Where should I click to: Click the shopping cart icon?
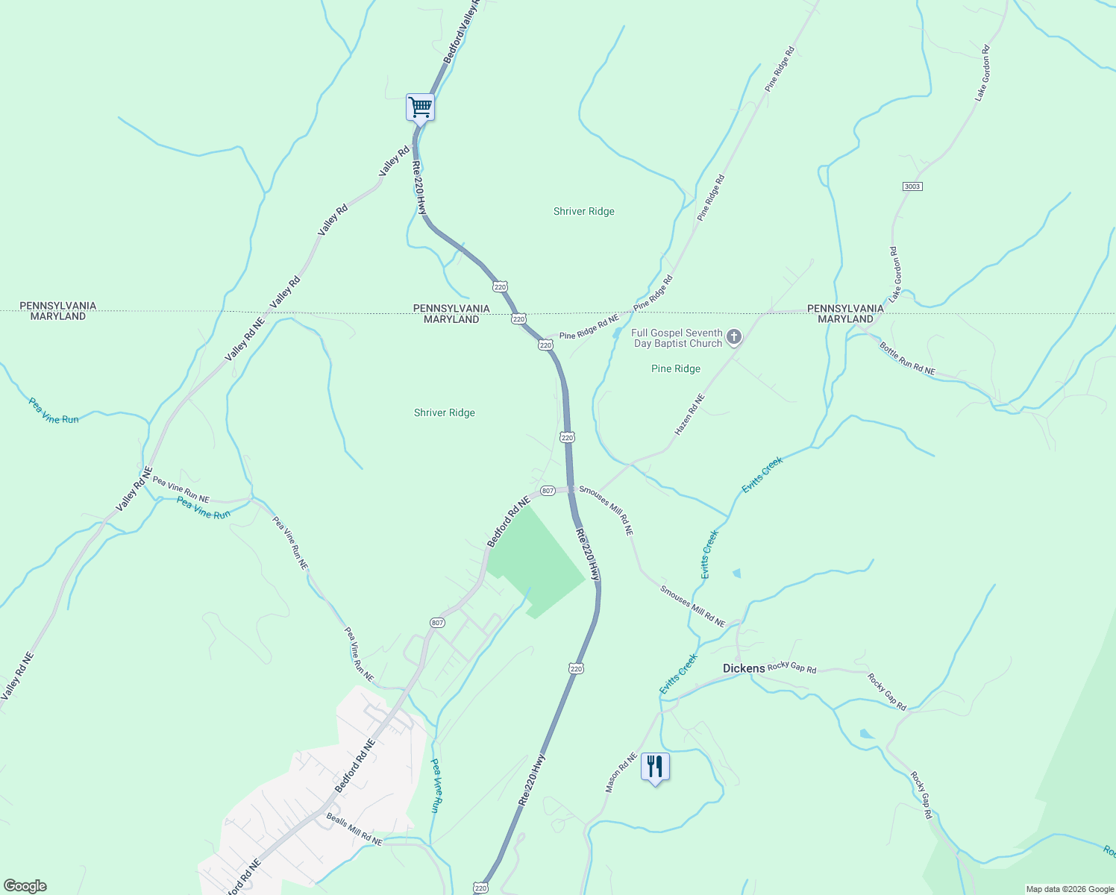tap(420, 107)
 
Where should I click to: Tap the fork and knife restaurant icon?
tap(654, 766)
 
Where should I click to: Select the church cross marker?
tap(734, 338)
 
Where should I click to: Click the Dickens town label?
tap(744, 668)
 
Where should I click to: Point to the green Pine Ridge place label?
tap(675, 368)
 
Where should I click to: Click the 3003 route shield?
tap(912, 186)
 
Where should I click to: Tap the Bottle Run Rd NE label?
tap(906, 358)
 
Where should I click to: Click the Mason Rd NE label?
tap(621, 773)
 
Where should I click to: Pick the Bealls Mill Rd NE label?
tap(354, 829)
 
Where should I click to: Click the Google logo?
tap(25, 886)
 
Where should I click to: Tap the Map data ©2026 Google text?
tap(1069, 889)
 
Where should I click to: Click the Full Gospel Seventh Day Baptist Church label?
tap(677, 338)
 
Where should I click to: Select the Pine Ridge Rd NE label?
tap(589, 327)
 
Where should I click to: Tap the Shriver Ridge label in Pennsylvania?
tap(584, 211)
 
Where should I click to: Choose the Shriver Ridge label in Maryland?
tap(445, 412)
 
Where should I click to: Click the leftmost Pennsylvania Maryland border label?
tap(57, 311)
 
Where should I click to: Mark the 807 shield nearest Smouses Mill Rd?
tap(548, 491)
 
